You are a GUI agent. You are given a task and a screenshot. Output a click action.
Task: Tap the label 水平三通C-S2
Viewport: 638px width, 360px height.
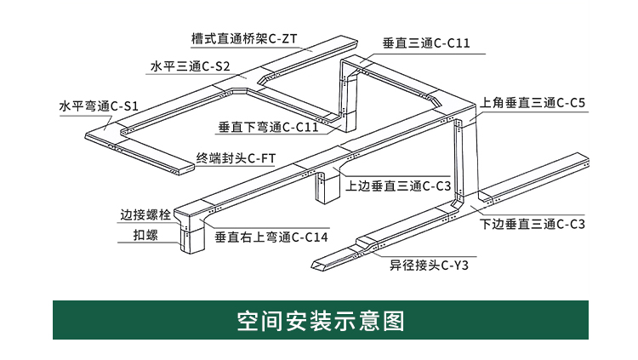click(190, 66)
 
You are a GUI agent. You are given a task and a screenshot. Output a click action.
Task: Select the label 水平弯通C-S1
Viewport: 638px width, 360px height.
click(98, 107)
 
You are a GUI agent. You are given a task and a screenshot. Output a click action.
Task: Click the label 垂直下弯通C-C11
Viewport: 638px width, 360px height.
click(267, 128)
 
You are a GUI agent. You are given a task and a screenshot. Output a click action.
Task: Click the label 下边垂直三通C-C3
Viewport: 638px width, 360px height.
click(533, 225)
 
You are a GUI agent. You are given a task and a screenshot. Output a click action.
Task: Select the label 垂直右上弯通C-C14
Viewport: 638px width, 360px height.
click(271, 237)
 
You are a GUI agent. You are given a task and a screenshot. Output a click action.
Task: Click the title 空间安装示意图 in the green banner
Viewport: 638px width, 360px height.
click(318, 321)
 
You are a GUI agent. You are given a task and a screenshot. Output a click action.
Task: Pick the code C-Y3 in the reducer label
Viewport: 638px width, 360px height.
click(454, 266)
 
